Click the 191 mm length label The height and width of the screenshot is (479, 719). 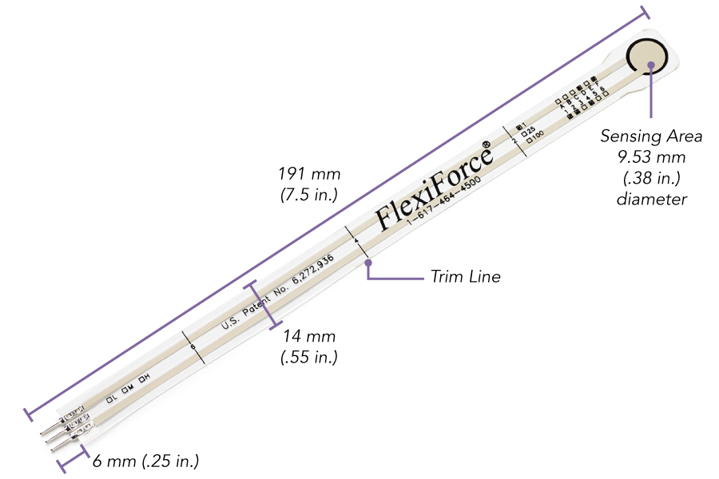point(309,174)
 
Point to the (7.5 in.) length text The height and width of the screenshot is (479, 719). point(309,194)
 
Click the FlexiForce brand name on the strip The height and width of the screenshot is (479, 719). point(431,185)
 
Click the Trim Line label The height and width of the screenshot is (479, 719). point(466,277)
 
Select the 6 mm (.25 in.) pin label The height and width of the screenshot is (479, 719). point(145,461)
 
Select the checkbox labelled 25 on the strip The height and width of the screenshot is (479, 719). point(524,135)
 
